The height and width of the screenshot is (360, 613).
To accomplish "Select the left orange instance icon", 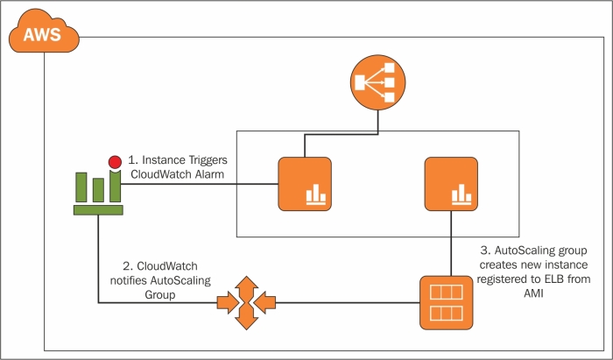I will (x=304, y=184).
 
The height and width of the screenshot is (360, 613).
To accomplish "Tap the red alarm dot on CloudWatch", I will (x=114, y=162).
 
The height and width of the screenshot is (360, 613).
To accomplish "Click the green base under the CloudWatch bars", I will (x=97, y=209).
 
